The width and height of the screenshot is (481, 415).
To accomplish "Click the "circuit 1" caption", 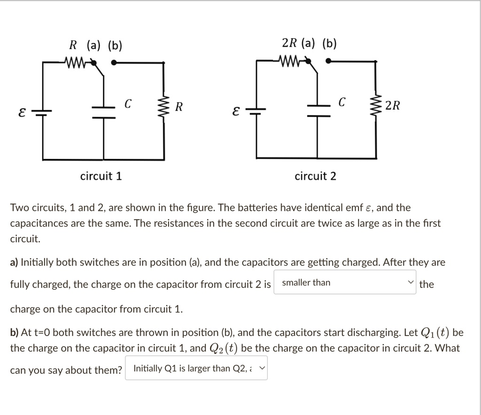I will point(101,176).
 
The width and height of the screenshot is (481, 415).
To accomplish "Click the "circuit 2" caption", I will point(315,176).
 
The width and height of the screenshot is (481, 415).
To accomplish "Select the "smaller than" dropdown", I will point(344,283).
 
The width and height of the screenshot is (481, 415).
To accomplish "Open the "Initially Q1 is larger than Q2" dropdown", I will point(196,368).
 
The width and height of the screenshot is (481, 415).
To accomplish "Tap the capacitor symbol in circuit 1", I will point(104,112).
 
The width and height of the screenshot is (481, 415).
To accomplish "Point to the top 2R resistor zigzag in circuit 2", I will point(290,61).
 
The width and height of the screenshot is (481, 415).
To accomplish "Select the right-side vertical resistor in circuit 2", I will point(375,106).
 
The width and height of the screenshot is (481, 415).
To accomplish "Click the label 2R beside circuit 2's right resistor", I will point(393,106).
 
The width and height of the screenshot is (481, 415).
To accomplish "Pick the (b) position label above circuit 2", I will point(329,44).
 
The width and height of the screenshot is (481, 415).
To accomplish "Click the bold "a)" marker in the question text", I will point(15,262).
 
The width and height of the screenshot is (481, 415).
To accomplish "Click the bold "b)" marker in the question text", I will point(15,333).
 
